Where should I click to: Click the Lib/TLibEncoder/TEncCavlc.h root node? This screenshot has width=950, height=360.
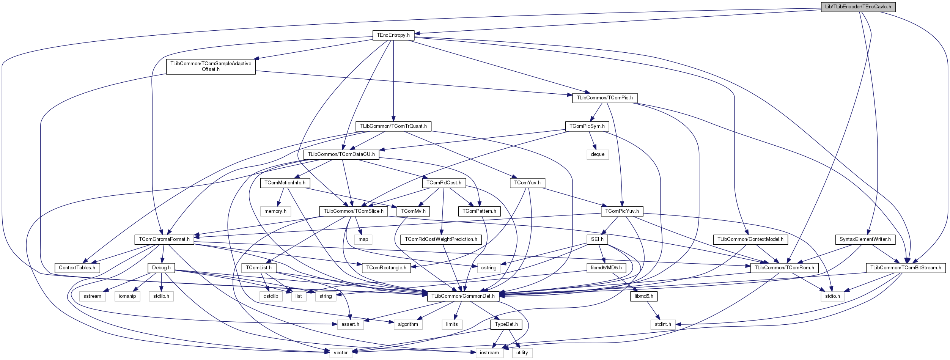tap(858, 7)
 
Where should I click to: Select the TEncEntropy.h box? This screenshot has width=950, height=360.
tap(393, 35)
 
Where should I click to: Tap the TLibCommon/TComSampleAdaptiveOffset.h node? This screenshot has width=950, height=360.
tap(211, 66)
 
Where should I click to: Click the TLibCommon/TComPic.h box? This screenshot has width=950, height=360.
tap(605, 98)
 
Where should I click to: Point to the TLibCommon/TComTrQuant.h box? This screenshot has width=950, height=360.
tap(393, 126)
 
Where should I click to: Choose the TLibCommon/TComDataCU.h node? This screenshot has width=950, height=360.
tap(341, 154)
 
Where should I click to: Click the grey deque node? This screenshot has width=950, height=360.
tap(598, 154)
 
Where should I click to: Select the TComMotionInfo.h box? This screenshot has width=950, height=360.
tap(285, 183)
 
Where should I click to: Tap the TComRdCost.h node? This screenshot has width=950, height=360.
tap(444, 183)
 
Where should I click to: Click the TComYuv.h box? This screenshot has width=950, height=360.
tap(527, 183)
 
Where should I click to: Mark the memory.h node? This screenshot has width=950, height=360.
tap(275, 211)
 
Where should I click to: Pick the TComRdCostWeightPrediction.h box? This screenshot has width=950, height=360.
tap(441, 239)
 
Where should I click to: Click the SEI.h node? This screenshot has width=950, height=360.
tap(597, 239)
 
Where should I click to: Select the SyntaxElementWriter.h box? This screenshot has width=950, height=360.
tap(865, 239)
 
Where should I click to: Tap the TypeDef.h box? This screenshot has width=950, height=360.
tap(506, 324)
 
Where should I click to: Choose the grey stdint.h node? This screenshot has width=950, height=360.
tap(663, 324)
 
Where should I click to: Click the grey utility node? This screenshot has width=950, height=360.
tap(522, 353)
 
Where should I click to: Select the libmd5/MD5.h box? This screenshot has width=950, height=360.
tap(606, 268)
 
